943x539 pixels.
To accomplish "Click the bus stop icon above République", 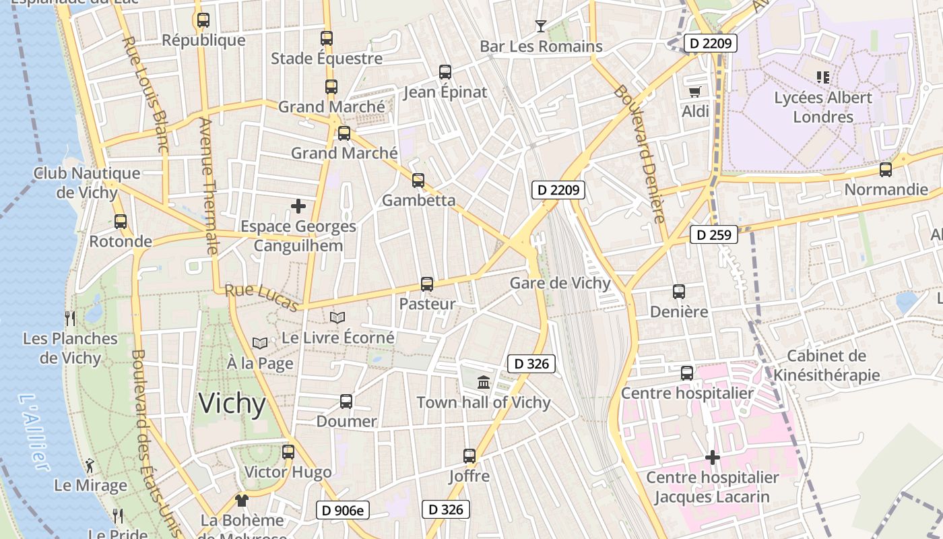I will [203, 20].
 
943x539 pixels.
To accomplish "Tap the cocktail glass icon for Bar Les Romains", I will [540, 26].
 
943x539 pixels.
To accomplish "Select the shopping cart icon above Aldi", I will [694, 91].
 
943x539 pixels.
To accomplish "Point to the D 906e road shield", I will [343, 511].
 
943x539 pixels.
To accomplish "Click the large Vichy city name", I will [232, 404].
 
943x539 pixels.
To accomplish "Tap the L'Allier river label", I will [34, 432].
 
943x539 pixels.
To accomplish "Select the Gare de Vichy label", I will [560, 283].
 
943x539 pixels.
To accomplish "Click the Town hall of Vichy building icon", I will [484, 383].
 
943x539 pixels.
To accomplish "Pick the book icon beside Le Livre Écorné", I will [337, 317].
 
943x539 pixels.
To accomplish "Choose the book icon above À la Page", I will [260, 344].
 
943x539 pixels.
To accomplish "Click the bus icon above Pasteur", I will [427, 284].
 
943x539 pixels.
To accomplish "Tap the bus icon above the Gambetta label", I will [418, 181].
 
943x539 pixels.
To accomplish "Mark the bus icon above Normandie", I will [886, 170].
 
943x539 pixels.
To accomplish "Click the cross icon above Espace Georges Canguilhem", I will [298, 206].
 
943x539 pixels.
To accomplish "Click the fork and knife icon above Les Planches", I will [70, 318].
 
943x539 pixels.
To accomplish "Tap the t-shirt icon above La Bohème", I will [242, 501].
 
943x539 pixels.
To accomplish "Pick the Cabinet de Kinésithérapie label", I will [826, 365].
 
